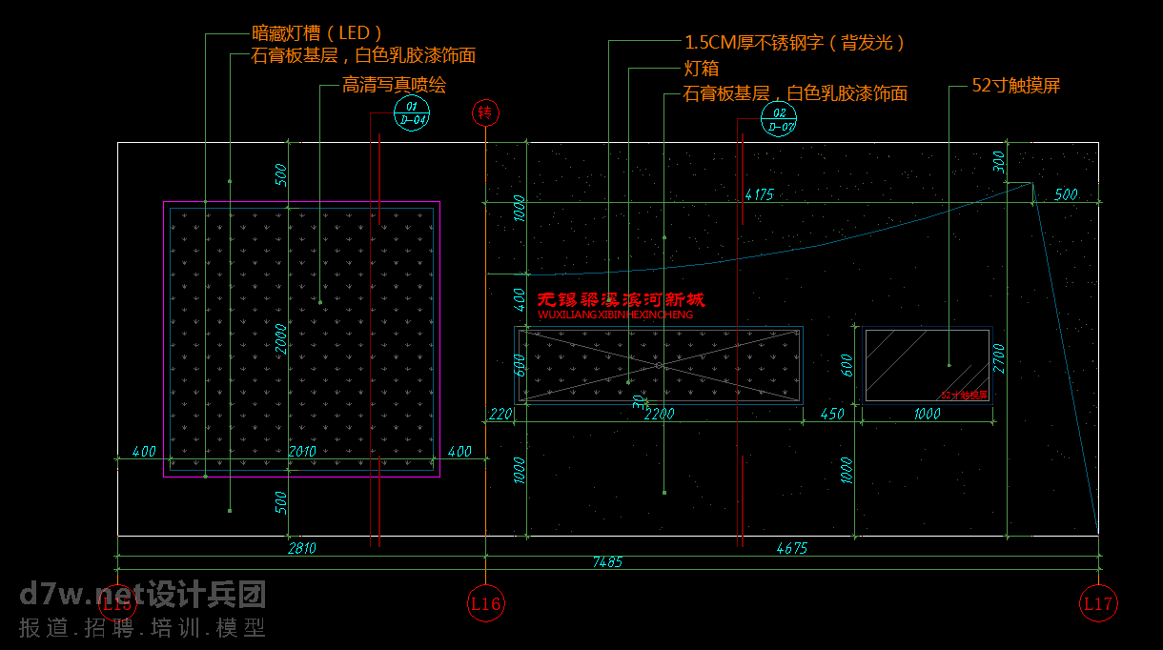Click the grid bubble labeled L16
(x=486, y=603)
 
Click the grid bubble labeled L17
(x=1097, y=603)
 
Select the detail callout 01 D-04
(x=413, y=114)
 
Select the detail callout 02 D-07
(x=779, y=120)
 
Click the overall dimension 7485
(x=607, y=563)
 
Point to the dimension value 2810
(x=301, y=548)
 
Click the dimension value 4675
(x=792, y=548)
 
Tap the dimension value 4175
(x=759, y=195)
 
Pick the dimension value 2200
(x=660, y=414)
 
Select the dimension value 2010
(x=301, y=451)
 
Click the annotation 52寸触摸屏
(x=1016, y=86)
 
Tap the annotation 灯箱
(x=702, y=69)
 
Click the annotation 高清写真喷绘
(x=394, y=85)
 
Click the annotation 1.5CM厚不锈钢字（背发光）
(x=795, y=43)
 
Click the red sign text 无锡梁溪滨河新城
(x=622, y=300)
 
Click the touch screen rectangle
(x=927, y=364)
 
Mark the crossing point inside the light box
(x=659, y=365)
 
